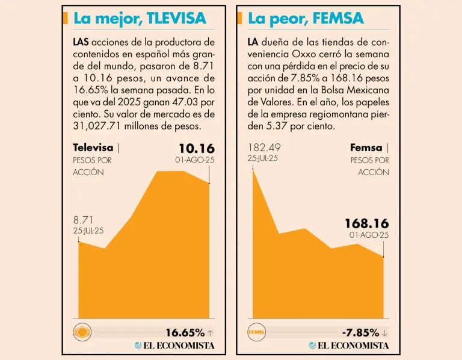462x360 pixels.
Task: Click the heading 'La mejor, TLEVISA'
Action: click(140, 19)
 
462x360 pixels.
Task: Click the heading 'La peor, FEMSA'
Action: click(306, 19)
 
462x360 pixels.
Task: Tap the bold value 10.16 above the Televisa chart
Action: click(196, 148)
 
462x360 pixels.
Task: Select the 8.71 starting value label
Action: click(84, 220)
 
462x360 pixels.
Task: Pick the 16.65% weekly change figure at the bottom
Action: click(185, 332)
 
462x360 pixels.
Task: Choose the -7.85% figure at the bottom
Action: click(360, 332)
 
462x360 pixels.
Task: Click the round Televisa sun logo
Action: click(81, 332)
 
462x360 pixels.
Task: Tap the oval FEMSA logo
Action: click(256, 332)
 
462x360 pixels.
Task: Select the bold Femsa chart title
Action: click(366, 148)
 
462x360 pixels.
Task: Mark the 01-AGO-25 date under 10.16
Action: click(194, 160)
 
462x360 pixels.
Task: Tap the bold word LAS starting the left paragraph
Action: click(81, 43)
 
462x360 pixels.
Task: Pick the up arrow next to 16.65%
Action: click(210, 332)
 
